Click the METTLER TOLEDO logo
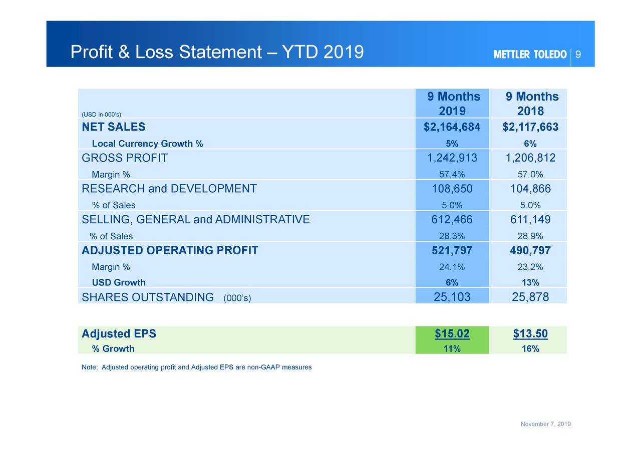(x=530, y=55)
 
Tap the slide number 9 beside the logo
(x=578, y=55)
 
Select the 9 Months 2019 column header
(x=453, y=104)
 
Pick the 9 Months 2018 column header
(x=531, y=104)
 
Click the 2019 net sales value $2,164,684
(x=452, y=127)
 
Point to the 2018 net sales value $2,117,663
(x=530, y=127)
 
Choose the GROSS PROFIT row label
(x=125, y=158)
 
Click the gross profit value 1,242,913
(x=452, y=158)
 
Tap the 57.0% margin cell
(x=530, y=174)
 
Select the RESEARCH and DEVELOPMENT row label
(x=169, y=189)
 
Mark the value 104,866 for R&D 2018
(x=530, y=189)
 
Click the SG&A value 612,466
(x=452, y=220)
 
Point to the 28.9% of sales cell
(x=530, y=236)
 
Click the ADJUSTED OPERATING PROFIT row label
(x=170, y=250)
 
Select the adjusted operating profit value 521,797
(x=452, y=250)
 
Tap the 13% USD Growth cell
(x=530, y=282)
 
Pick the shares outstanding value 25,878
(x=530, y=297)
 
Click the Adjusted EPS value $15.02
(x=452, y=334)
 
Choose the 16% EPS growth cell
(x=530, y=349)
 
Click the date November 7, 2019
(x=545, y=424)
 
